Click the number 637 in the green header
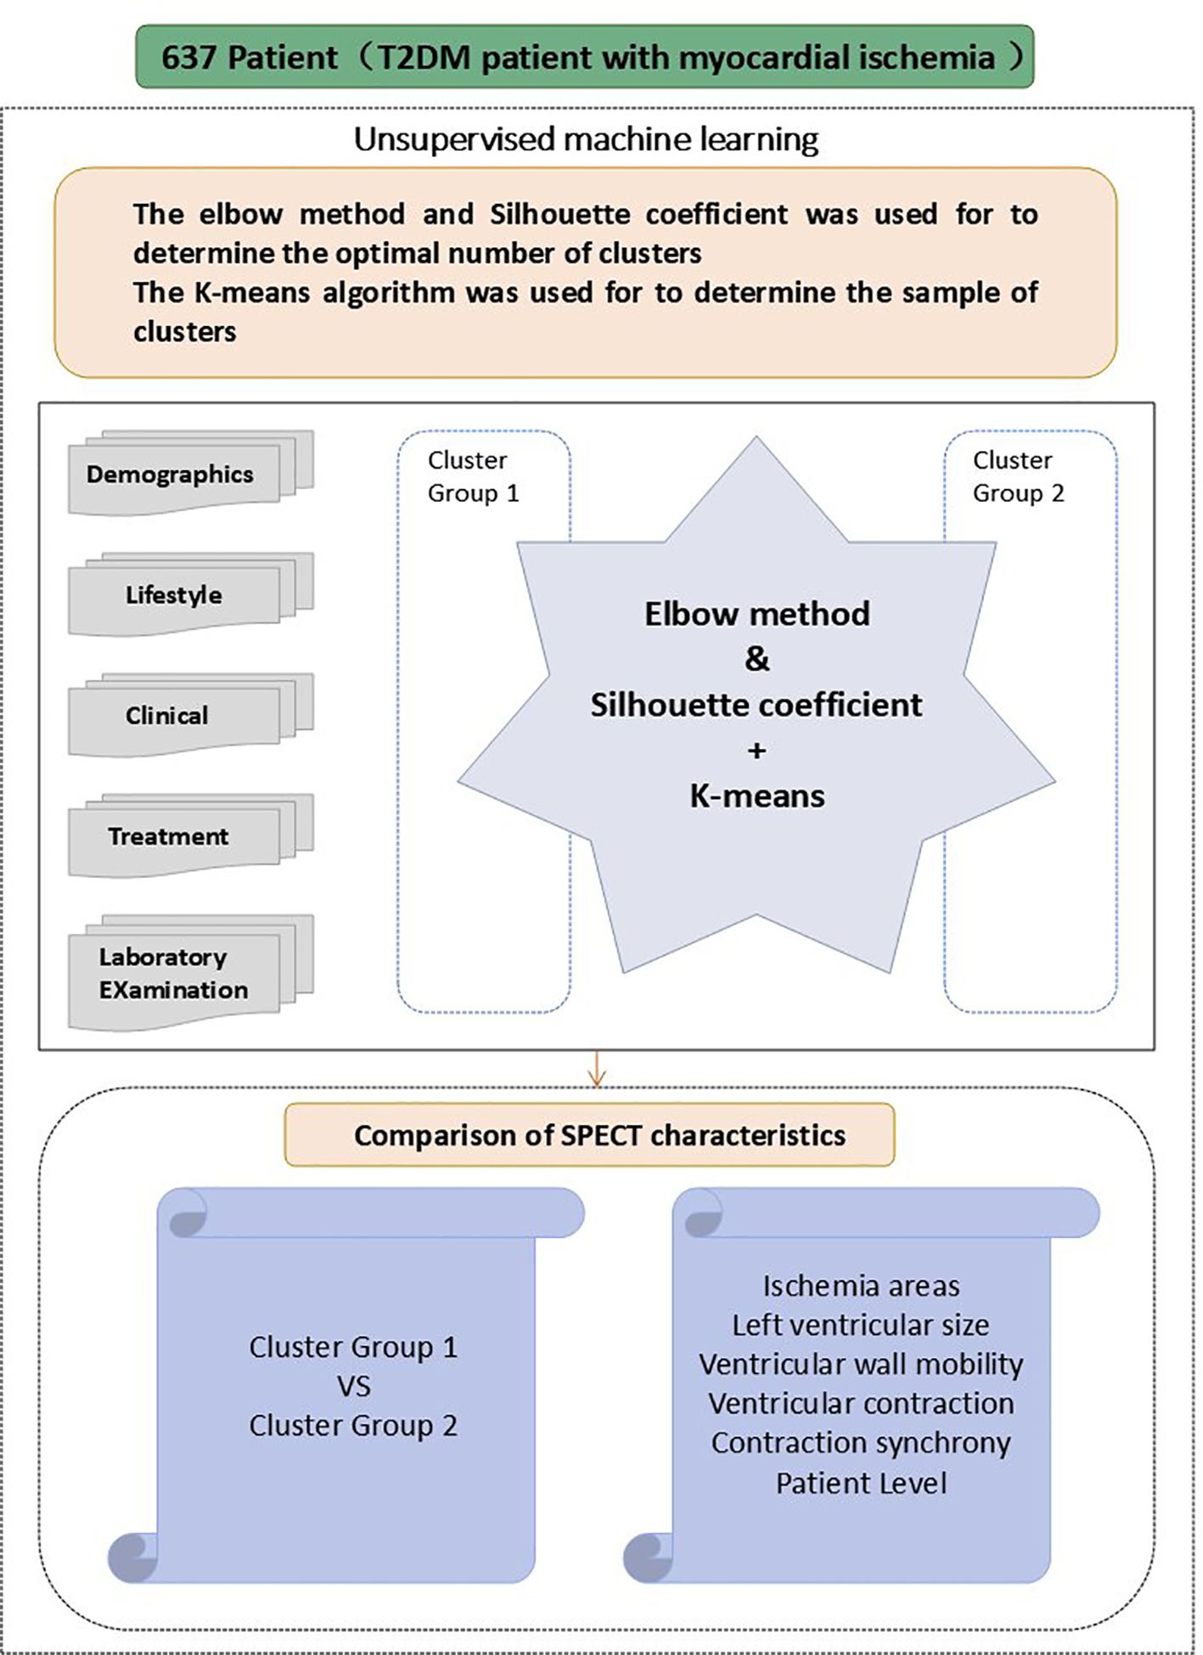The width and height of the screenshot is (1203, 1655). coord(190,58)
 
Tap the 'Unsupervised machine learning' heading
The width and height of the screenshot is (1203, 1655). coord(586,139)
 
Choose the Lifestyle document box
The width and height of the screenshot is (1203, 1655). coord(174,595)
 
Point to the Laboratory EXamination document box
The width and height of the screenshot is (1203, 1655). coord(173,973)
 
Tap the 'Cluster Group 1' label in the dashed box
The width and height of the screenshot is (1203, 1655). coord(472,476)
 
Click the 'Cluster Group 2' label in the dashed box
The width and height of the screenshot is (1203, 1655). coord(1017,476)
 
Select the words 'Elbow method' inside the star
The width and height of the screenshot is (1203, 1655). coord(756,614)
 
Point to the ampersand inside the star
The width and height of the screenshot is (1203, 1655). coord(756,659)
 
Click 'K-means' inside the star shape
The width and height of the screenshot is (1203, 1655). coord(756,796)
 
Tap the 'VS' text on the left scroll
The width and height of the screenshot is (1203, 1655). coord(353,1387)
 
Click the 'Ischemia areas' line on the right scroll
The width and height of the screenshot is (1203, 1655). coord(861,1286)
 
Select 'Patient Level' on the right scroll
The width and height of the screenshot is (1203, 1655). coord(861,1483)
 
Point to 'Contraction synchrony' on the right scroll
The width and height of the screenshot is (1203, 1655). coord(861,1443)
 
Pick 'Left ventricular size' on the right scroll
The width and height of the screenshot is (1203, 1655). coord(861,1325)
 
